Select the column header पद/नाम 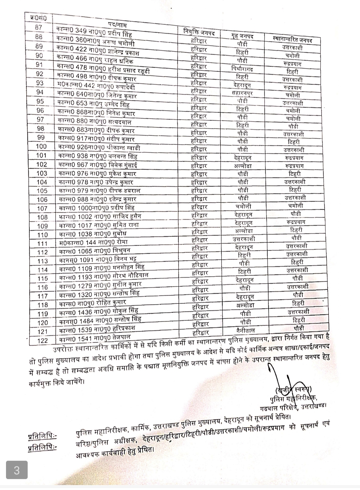[x=117, y=24]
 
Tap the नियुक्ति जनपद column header [x=199, y=33]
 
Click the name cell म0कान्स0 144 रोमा [x=93, y=242]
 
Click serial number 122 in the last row [x=42, y=341]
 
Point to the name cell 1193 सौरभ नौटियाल [x=103, y=277]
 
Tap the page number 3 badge [x=17, y=470]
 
